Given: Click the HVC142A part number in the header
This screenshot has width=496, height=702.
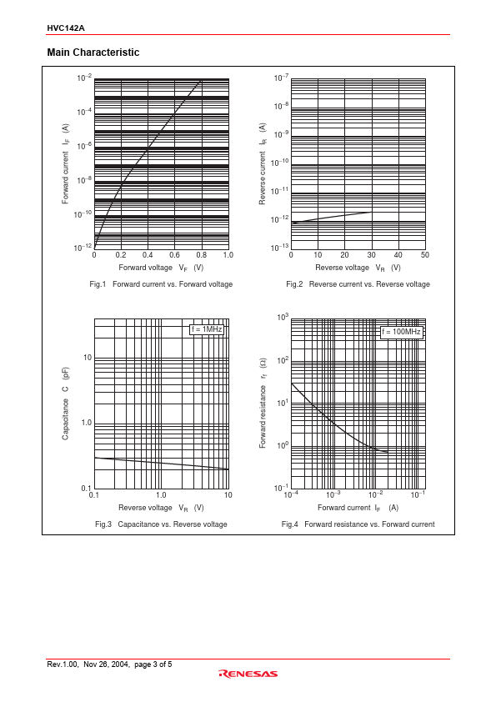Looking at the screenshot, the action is point(66,28).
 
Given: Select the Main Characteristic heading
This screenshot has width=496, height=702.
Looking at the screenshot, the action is point(93,53).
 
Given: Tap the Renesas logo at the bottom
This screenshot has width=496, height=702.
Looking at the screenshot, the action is point(248,674).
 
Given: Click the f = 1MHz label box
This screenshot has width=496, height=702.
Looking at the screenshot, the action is point(207,329).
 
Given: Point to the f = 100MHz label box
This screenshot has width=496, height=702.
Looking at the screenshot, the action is point(401,332).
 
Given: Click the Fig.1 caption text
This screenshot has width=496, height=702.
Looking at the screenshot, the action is point(161,284).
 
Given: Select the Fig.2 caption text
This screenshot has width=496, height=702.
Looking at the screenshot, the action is point(358,284).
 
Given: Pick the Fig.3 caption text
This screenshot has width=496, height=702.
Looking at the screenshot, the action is point(161,524).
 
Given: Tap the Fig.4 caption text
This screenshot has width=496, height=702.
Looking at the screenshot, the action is point(358,524).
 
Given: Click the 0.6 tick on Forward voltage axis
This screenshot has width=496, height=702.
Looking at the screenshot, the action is point(174,255).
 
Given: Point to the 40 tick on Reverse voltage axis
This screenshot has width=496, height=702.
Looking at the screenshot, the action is point(398,255).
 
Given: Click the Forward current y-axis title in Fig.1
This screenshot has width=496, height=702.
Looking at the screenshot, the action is point(65,164).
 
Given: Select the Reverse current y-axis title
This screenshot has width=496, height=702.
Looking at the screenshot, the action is point(263,164).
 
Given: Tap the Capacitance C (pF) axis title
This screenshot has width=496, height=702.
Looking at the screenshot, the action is point(65,404).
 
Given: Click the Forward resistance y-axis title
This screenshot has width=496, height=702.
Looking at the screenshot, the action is point(263,403).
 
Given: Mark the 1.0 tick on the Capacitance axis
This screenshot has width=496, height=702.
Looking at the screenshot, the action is point(87,423).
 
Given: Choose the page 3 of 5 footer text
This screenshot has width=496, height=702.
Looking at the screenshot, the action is point(153,664).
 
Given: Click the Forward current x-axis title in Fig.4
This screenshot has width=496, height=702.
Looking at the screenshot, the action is point(358,508).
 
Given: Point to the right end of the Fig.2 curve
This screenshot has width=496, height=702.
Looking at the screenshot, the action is point(371,213).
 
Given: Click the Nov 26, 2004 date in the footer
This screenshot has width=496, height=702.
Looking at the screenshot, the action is point(107,664).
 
